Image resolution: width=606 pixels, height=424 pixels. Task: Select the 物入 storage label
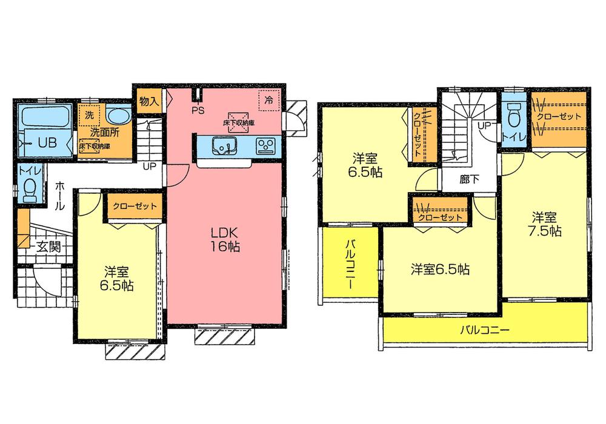click(148, 101)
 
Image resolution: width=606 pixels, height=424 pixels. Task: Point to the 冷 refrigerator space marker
click(267, 98)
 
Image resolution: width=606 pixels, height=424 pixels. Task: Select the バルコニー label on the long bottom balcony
click(484, 331)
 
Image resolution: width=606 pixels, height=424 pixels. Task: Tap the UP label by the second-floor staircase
click(485, 125)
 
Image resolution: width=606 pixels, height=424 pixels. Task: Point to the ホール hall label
click(60, 196)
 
